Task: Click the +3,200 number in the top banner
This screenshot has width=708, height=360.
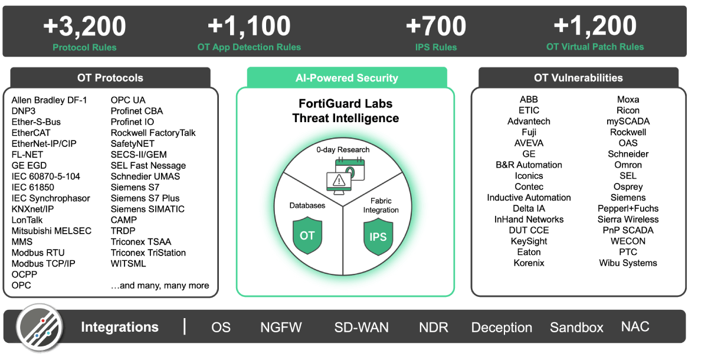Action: coord(84,26)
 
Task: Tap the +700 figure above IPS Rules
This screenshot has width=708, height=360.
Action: coord(436,26)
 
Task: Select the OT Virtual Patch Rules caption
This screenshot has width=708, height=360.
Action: coord(595,47)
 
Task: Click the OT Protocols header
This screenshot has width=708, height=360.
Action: coord(110,78)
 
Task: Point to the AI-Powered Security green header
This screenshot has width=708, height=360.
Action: coord(347,78)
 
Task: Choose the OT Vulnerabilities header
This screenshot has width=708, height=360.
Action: coord(578,78)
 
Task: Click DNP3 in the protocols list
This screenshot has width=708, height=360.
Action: coord(24,111)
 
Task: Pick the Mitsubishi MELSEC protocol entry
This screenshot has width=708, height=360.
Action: coord(51,231)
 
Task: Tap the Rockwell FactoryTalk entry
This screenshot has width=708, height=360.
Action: coord(153,133)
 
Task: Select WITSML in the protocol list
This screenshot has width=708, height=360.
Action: coord(129,264)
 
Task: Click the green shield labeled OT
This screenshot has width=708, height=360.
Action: coord(307,235)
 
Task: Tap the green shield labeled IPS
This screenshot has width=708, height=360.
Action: coord(378,237)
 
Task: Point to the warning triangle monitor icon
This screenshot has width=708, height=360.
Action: coord(339,184)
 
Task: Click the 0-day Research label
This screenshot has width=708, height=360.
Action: coord(343,149)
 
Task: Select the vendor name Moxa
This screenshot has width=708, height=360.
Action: coord(628,100)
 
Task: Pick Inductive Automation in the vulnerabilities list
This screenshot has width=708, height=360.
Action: coord(529,198)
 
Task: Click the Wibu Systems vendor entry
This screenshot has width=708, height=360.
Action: coord(628,263)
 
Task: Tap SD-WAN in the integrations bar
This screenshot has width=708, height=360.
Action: coord(362,328)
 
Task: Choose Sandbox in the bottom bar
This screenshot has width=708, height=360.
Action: coord(576,328)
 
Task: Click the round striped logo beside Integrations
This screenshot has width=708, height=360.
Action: coord(40,328)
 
